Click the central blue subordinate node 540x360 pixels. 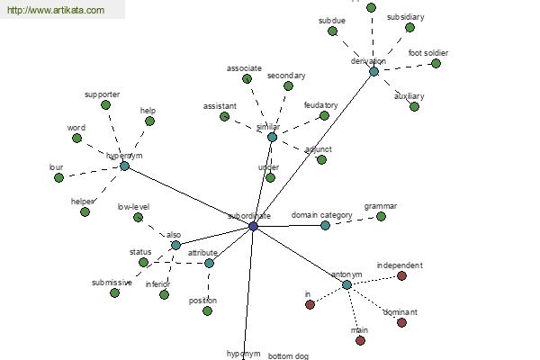253,227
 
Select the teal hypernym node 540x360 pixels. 124,166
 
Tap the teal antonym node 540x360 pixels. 346,284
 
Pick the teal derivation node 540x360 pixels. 373,71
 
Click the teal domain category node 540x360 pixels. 326,225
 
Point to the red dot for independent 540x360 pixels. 401,275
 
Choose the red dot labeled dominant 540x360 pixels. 401,322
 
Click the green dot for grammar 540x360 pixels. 381,216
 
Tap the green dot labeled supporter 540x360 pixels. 105,104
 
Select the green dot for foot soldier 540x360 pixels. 436,63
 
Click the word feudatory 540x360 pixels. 320,105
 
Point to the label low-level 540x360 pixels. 134,206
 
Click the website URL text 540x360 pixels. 56,11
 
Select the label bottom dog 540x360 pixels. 288,355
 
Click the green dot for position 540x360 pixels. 207,310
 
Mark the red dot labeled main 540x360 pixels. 360,340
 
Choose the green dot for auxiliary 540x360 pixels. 414,106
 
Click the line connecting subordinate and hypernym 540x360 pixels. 189,196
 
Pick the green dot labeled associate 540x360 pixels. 247,78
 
